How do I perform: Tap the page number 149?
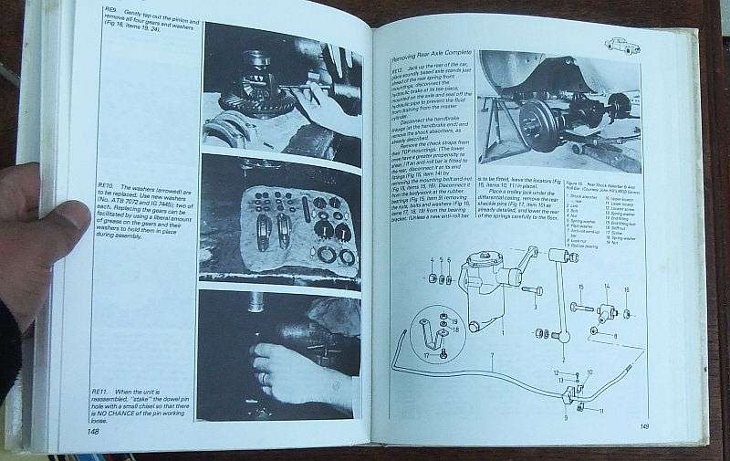coord(643,426)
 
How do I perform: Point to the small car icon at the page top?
coord(622,45)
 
